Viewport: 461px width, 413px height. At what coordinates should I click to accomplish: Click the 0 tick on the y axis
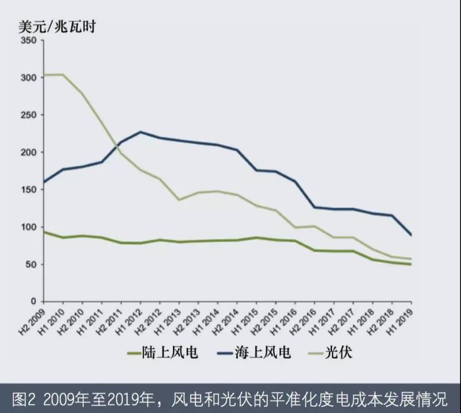pos(34,302)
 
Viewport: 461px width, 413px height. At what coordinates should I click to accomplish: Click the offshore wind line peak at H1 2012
pos(141,132)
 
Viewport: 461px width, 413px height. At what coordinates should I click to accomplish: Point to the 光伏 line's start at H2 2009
pos(44,75)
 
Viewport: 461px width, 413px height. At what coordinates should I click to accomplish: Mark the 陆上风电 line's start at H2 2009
pos(44,232)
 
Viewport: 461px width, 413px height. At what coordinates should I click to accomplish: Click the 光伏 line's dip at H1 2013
pos(179,200)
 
